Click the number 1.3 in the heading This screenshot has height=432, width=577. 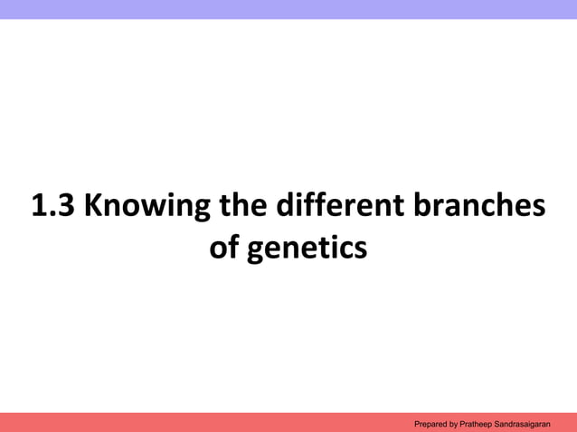click(x=52, y=207)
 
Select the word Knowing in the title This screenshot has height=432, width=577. click(x=145, y=208)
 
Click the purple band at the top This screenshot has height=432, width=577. click(x=288, y=9)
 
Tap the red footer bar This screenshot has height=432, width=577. click(x=181, y=422)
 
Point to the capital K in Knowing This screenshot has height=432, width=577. click(x=93, y=207)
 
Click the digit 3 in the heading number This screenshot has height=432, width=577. click(x=66, y=207)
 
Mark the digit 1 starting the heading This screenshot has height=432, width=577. click(x=39, y=207)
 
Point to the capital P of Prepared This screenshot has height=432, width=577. click(x=416, y=423)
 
